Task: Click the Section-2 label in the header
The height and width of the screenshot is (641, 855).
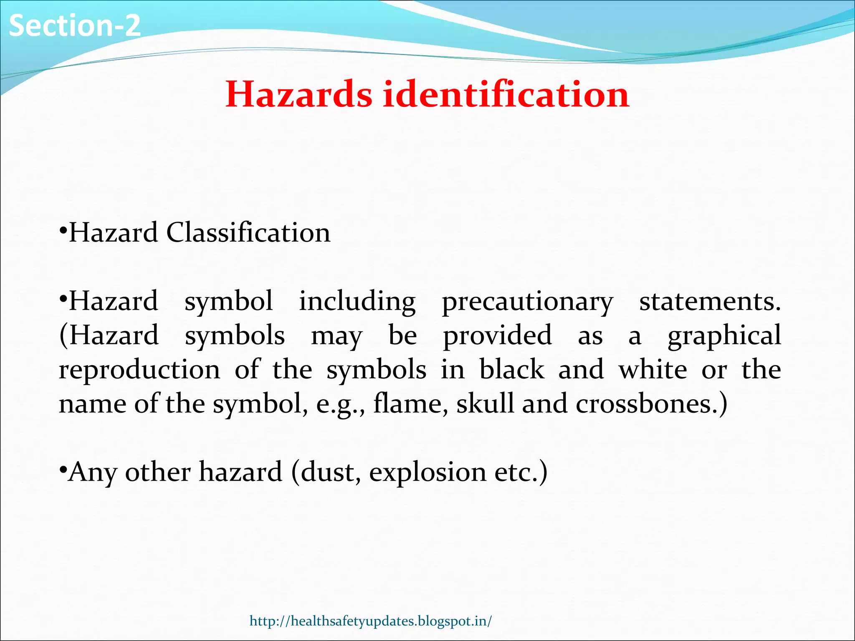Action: [75, 26]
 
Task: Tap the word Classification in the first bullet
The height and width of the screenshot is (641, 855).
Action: [248, 232]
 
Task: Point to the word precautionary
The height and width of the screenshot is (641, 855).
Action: [527, 301]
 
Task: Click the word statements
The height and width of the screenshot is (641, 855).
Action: [709, 301]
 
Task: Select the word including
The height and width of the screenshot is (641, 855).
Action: [357, 301]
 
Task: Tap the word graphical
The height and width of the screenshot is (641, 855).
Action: [724, 336]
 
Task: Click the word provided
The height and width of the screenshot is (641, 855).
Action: [497, 336]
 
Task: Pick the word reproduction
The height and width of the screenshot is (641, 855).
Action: [139, 370]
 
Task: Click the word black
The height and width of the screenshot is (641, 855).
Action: [512, 370]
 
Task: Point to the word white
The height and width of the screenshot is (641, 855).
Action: [653, 370]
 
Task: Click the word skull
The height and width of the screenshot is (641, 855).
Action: [485, 404]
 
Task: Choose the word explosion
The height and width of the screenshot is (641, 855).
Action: [427, 472]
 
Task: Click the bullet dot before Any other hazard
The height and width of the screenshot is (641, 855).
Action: [63, 470]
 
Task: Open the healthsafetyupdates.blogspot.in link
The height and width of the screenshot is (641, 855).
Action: [371, 621]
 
